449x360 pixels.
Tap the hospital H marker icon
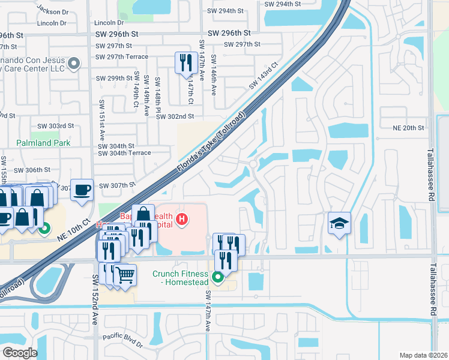coord(180,221)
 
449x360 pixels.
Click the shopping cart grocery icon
coord(125,275)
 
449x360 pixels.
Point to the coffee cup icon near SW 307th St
coord(82,189)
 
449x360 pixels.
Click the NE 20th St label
coord(408,128)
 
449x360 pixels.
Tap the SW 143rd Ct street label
coord(264,76)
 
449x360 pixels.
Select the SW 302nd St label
coord(175,116)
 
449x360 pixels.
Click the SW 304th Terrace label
coord(125,153)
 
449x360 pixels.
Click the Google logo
coord(20,353)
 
